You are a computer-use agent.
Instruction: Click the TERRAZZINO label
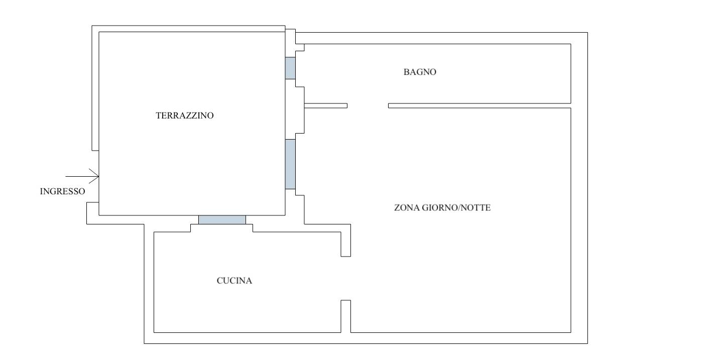point(185,115)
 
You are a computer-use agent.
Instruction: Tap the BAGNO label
point(420,72)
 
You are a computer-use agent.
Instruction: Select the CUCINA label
point(234,281)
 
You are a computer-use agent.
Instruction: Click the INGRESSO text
point(62,191)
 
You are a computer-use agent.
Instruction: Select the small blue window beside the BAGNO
point(290,68)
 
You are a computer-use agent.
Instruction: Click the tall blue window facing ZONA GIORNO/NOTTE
point(290,164)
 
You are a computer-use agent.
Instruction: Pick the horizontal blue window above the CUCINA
point(222,220)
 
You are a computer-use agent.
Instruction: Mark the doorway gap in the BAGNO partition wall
point(368,105)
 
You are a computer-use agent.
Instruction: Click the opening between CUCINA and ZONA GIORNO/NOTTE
point(345,278)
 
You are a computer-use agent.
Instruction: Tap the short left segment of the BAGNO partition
point(326,105)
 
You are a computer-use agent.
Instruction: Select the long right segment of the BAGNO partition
point(479,105)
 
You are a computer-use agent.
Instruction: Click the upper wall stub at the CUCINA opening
point(345,244)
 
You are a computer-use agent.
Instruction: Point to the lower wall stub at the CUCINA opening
point(345,316)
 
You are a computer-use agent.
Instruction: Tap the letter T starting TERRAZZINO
point(159,115)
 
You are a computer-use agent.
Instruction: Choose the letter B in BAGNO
point(406,72)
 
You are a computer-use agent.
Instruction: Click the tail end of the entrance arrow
point(66,176)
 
